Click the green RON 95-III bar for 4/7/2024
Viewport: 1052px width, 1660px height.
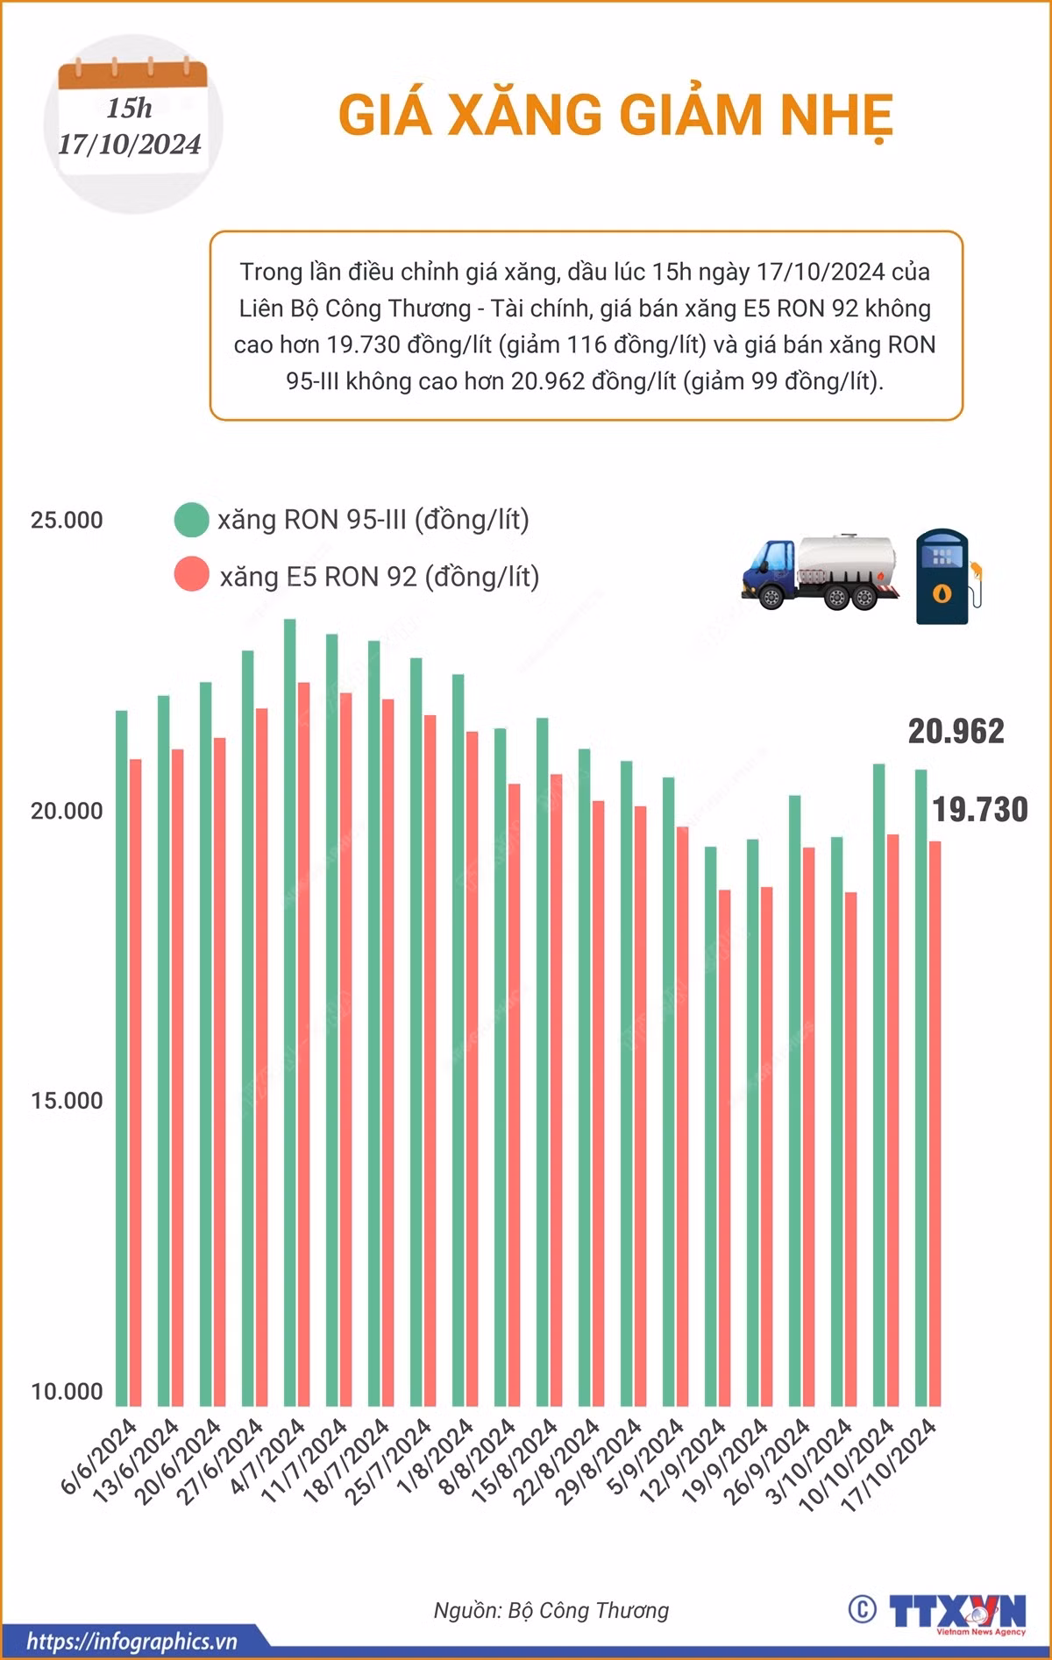tap(289, 1012)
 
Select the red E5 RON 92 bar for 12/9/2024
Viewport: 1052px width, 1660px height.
tap(724, 1148)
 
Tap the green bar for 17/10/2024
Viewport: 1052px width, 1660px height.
tap(920, 1088)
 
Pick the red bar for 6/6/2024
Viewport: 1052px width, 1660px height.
tap(135, 1082)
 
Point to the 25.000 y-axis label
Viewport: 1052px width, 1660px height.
tap(67, 520)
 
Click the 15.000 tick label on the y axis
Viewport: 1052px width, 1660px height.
tap(67, 1101)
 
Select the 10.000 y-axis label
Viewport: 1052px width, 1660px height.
tap(67, 1391)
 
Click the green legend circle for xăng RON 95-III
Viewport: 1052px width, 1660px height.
tap(191, 520)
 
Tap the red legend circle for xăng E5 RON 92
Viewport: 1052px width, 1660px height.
tap(191, 575)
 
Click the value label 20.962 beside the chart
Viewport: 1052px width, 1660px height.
tap(956, 731)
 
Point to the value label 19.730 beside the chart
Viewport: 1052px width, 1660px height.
tap(979, 809)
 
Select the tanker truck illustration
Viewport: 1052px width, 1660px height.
tap(820, 571)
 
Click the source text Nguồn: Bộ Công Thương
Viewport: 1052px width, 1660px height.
tap(551, 1610)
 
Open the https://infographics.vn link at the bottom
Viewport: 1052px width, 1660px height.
tap(131, 1641)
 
